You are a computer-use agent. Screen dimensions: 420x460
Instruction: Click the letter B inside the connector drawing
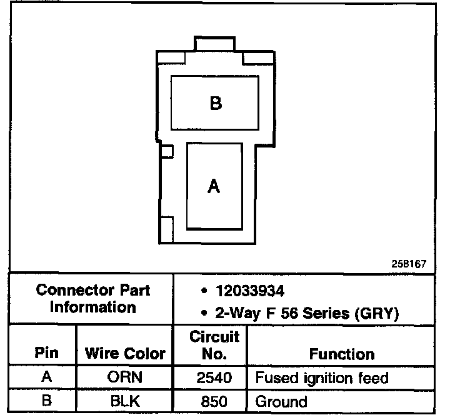[216, 103]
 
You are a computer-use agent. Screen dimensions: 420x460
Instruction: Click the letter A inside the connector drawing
[214, 186]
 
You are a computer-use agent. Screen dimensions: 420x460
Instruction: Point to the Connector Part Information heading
[93, 299]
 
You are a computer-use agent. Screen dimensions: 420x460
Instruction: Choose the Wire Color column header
[125, 354]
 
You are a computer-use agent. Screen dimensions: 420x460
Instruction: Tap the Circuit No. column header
[214, 346]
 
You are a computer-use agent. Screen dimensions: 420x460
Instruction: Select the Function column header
[342, 354]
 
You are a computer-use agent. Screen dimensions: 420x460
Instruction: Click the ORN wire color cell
[125, 377]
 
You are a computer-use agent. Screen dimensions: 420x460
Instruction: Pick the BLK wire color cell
[125, 401]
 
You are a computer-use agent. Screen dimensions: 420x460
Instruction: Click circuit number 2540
[214, 377]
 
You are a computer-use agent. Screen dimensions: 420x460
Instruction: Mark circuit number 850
[214, 401]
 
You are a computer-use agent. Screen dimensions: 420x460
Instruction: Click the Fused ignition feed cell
[322, 377]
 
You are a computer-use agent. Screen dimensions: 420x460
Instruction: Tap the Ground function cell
[281, 401]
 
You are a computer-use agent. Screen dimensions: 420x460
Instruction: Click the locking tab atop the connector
[216, 44]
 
